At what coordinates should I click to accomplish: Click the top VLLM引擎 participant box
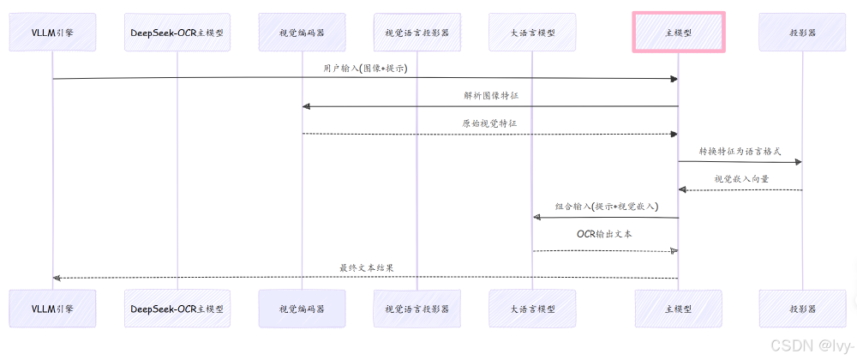click(51, 33)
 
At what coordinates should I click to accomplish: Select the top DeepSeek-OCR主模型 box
click(177, 33)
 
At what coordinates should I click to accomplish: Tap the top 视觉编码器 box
click(302, 33)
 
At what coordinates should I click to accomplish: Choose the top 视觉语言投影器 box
click(417, 33)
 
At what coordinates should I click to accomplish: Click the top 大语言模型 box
click(532, 33)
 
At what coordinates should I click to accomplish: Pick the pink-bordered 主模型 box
click(679, 33)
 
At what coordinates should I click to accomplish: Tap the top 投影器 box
click(802, 33)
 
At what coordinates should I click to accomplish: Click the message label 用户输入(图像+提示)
click(365, 68)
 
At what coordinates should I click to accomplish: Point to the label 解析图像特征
click(489, 95)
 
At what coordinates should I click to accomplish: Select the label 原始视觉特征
click(489, 123)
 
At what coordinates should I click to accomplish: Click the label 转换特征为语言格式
click(740, 151)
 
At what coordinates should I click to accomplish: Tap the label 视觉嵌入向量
click(741, 179)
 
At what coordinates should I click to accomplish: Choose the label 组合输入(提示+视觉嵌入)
click(605, 207)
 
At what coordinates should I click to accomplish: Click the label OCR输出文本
click(605, 234)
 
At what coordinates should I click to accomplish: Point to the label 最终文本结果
click(366, 267)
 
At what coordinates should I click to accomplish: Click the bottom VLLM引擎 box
click(51, 309)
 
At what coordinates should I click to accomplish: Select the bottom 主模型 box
click(679, 309)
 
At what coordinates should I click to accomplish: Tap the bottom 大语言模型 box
click(532, 309)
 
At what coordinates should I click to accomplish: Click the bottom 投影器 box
click(802, 309)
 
